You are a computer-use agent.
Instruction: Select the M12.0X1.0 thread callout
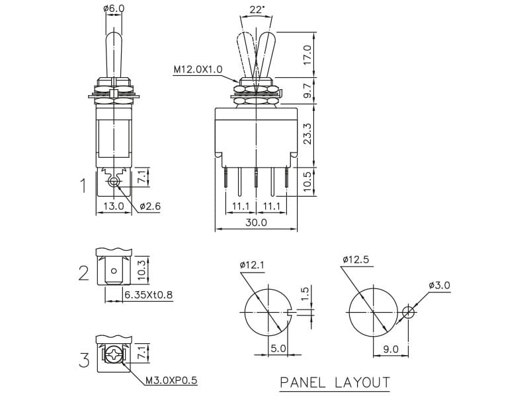pos(198,69)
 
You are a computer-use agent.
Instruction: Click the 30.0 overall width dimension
pos(256,222)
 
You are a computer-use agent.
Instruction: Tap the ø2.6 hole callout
pos(151,206)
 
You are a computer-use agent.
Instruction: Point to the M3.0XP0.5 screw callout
pos(171,380)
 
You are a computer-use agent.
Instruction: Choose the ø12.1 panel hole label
pos(251,265)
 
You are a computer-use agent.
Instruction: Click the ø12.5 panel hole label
pos(355,259)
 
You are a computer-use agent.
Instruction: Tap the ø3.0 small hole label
pos(439,285)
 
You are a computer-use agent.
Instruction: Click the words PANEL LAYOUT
pos(335,382)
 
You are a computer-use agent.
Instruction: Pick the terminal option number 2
pos(83,272)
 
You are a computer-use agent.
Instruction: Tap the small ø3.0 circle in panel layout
pos(409,312)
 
